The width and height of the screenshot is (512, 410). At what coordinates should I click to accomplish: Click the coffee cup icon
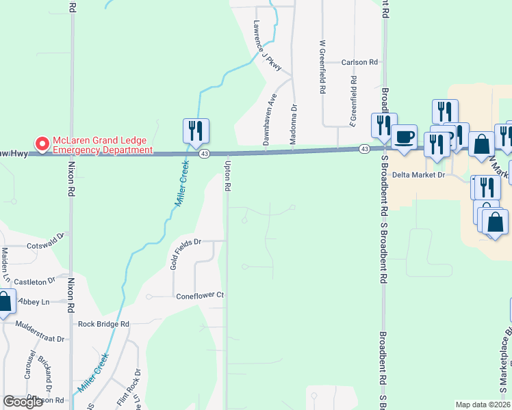click(404, 135)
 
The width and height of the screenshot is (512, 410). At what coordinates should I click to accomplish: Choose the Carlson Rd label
click(360, 62)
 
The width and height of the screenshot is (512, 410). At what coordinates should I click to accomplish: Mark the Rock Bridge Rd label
click(103, 325)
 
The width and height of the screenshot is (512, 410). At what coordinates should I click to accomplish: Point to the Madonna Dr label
click(294, 117)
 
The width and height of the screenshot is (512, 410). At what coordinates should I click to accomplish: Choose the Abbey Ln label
click(36, 302)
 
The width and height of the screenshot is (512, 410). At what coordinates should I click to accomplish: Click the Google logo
click(23, 402)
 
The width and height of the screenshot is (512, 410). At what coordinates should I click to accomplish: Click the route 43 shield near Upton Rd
click(205, 154)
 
